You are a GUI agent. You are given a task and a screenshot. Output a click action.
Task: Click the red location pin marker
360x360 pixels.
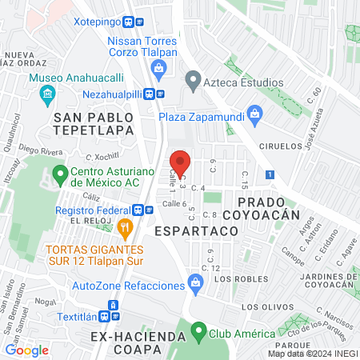(181, 162)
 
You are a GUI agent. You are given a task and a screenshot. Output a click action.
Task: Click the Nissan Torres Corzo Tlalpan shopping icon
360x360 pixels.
(159, 67)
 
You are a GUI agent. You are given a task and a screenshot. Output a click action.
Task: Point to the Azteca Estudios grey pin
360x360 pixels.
(192, 81)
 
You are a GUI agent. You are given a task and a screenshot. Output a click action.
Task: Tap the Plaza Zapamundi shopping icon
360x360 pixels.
(254, 113)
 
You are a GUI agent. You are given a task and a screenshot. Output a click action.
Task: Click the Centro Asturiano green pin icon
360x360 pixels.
(59, 174)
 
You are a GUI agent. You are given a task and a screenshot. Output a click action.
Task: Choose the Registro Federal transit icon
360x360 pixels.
(138, 210)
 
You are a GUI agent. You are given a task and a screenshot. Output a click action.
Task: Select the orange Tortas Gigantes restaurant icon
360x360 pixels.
(123, 230)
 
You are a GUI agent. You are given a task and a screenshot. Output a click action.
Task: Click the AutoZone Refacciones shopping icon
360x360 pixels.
(194, 282)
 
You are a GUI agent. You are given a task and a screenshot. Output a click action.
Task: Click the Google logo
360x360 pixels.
(26, 350)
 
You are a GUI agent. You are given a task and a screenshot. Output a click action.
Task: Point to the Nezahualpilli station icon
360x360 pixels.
(160, 92)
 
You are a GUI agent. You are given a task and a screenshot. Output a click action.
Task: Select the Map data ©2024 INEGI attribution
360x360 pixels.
(312, 354)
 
